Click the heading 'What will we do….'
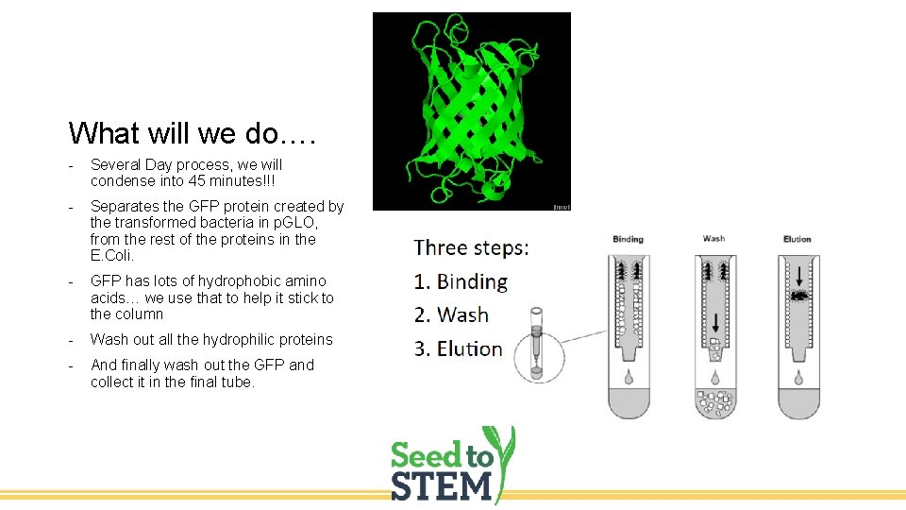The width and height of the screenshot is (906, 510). tap(192, 132)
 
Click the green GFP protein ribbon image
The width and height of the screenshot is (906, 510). tap(471, 110)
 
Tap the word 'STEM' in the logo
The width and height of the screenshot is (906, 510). tap(443, 485)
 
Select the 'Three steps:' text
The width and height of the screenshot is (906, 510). tap(471, 248)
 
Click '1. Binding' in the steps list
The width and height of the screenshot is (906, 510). tap(461, 281)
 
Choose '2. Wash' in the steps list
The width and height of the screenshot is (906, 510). tap(451, 314)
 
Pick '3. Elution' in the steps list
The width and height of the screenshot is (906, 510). tap(458, 348)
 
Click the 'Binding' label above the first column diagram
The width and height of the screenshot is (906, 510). tap(628, 239)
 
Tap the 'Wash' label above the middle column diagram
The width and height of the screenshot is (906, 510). tap(713, 238)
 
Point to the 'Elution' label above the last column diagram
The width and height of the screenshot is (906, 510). tap(797, 239)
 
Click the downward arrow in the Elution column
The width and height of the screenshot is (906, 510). tap(798, 275)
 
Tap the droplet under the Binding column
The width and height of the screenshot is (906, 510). tap(629, 377)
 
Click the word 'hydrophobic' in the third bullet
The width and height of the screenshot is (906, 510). tap(219, 281)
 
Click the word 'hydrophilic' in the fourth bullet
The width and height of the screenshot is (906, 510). tap(220, 339)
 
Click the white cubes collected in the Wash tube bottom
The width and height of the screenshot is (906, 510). tap(713, 403)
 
